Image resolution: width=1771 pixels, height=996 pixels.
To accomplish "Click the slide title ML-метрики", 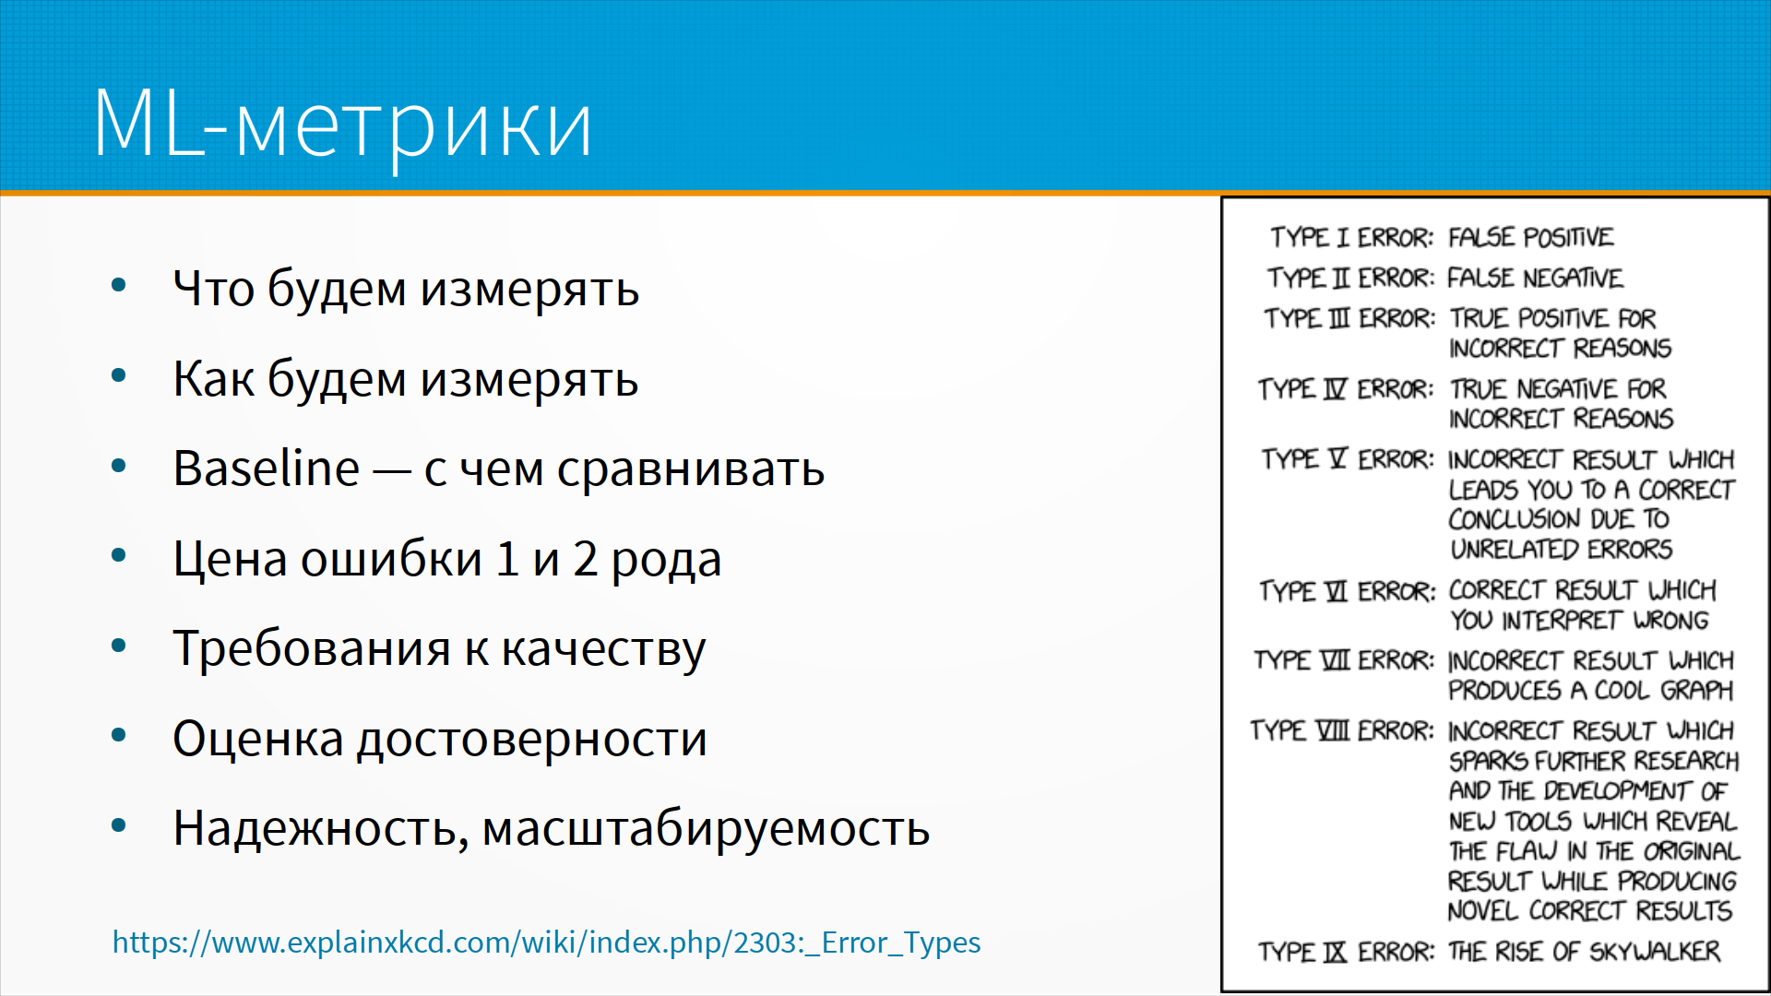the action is (342, 125).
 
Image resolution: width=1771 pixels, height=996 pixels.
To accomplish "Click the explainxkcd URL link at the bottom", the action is (546, 943).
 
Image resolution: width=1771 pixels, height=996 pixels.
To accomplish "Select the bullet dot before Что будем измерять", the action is (118, 285).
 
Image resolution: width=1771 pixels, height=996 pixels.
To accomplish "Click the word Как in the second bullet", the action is (212, 378).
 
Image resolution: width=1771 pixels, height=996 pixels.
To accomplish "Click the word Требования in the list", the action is (312, 647).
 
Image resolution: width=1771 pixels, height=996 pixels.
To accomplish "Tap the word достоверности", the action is (532, 739).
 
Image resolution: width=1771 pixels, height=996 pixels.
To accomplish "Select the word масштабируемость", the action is (706, 828).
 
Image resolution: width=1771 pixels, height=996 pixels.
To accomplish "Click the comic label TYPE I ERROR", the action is (1351, 238).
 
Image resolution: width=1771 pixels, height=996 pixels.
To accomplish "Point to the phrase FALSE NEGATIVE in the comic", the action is (1535, 278).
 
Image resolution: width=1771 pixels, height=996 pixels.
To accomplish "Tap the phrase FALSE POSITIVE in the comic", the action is (1531, 237).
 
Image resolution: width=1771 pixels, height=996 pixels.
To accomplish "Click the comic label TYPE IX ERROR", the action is (1347, 952).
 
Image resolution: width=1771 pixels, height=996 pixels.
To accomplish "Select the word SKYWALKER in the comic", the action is (1655, 952).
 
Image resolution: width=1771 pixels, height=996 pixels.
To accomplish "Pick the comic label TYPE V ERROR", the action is (1349, 459).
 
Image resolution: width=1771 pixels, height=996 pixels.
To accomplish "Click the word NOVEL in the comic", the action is (1483, 911).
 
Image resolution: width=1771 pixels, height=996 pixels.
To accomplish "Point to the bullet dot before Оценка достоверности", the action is (118, 735).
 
